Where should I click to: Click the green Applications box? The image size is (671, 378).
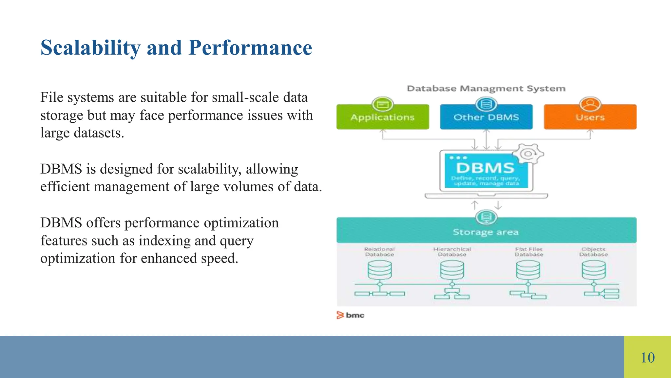tap(382, 117)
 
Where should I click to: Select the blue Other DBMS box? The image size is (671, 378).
tap(486, 117)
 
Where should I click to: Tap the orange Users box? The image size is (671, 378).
tap(590, 117)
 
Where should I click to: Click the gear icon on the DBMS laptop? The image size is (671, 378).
tap(528, 154)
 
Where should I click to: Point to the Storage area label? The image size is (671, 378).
tap(486, 232)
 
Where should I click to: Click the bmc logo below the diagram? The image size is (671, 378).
tap(351, 315)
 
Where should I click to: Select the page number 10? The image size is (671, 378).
tap(647, 357)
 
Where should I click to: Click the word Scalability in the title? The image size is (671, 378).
tap(90, 48)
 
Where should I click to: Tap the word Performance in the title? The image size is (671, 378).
tap(250, 48)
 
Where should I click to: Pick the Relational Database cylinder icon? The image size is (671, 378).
tap(379, 270)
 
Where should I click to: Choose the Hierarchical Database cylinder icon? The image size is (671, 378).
tap(452, 270)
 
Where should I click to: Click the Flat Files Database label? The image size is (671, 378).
tap(528, 252)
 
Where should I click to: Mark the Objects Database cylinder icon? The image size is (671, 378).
tap(593, 270)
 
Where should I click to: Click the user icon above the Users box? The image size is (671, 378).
tap(590, 104)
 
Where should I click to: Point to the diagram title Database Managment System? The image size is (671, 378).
tap(486, 89)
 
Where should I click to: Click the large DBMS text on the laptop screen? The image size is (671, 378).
tap(485, 168)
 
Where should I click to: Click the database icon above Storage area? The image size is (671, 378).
tap(486, 217)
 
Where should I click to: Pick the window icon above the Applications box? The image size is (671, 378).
tap(382, 104)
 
